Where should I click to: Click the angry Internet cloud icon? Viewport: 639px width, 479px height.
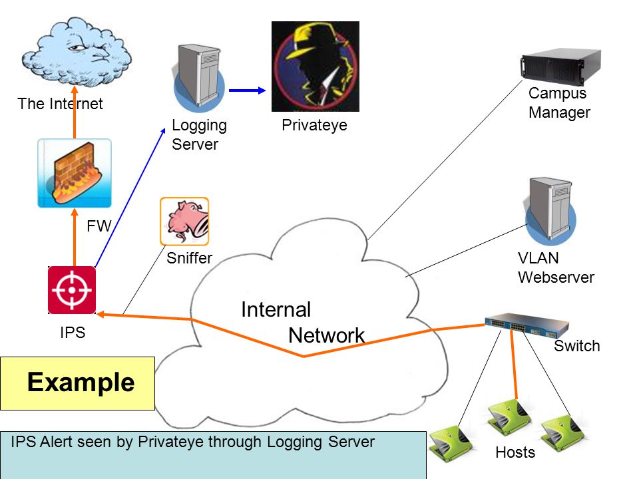coord(77,52)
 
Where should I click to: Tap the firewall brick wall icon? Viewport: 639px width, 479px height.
coord(74,173)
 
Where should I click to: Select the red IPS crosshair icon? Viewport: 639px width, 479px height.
coord(72,290)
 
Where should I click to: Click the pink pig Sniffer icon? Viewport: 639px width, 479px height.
coord(184,222)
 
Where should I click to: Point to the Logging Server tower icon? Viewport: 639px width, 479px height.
coord(199,77)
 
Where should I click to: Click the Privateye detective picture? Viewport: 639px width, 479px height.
coord(316,67)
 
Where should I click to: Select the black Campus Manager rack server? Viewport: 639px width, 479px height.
coord(560,67)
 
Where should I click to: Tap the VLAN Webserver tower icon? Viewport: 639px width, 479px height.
coord(550,211)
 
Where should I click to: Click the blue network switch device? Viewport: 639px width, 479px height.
coord(527,325)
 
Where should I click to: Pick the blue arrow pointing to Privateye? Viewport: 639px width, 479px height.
coord(247,90)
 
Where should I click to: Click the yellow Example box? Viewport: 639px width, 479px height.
coord(77,383)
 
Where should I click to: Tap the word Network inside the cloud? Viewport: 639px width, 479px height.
coord(326,335)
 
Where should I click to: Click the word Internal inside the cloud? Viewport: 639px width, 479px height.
coord(276,309)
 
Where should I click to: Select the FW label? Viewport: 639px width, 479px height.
coord(99,226)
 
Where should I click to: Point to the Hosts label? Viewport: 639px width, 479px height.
coord(515,452)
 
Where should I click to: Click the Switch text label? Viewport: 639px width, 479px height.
coord(576,346)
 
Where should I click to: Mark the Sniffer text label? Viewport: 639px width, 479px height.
coord(190,258)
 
